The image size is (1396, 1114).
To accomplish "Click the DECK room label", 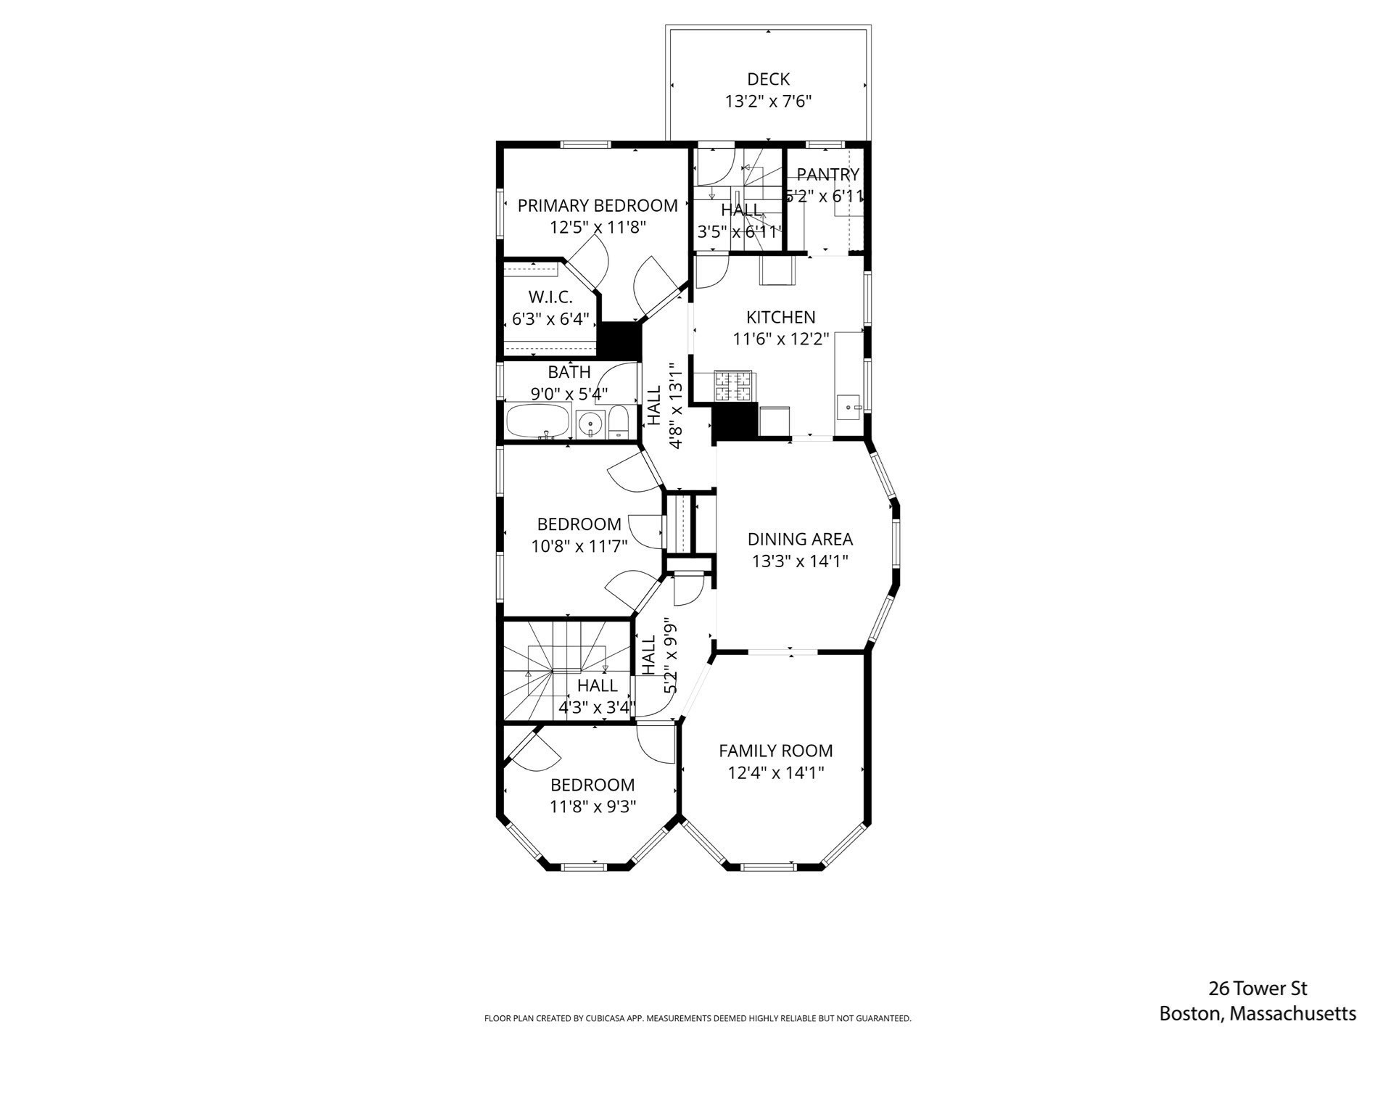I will click(x=768, y=79).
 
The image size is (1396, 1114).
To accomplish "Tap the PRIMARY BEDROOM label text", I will click(x=598, y=206).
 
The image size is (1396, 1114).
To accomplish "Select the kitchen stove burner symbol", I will click(x=734, y=386).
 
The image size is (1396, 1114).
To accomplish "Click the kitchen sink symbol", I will click(x=848, y=408).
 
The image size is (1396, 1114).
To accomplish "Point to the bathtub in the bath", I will click(x=537, y=421).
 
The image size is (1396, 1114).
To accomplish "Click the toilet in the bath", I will click(x=619, y=423).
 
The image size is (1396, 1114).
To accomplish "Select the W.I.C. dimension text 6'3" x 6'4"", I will click(x=550, y=318).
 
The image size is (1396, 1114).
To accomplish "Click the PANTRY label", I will click(x=827, y=175).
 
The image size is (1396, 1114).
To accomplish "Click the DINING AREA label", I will click(x=800, y=539).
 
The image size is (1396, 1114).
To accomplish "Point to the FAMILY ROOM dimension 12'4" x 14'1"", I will click(x=776, y=773).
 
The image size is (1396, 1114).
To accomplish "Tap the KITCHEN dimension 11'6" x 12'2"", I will click(x=780, y=339).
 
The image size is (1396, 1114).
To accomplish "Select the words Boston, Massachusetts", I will click(x=1257, y=1014).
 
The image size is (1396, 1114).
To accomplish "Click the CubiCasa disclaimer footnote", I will click(x=697, y=1018).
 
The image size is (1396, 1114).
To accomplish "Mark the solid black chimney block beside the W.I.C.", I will click(x=619, y=340).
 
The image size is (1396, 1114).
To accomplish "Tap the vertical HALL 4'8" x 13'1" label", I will click(x=664, y=406).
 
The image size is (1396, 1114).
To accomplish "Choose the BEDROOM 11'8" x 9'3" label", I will click(x=592, y=796).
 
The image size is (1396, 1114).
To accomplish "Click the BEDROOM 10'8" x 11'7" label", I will click(x=579, y=535).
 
